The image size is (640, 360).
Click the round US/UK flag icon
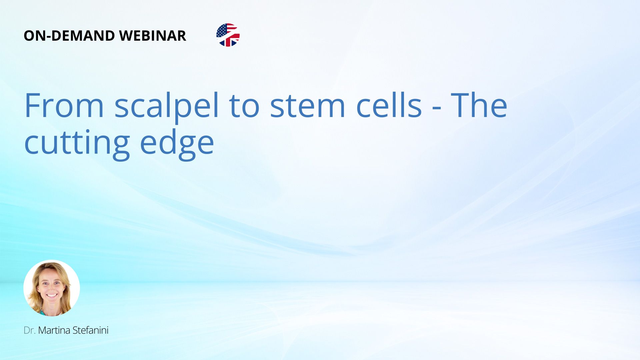tap(228, 35)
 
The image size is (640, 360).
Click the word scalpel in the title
tap(167, 105)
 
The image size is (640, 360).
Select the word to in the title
tap(244, 107)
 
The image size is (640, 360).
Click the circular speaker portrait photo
tap(52, 288)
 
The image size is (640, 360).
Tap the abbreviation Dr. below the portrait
tap(30, 330)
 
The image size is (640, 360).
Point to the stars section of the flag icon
tap(221, 31)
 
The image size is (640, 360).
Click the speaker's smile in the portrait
tap(52, 295)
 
